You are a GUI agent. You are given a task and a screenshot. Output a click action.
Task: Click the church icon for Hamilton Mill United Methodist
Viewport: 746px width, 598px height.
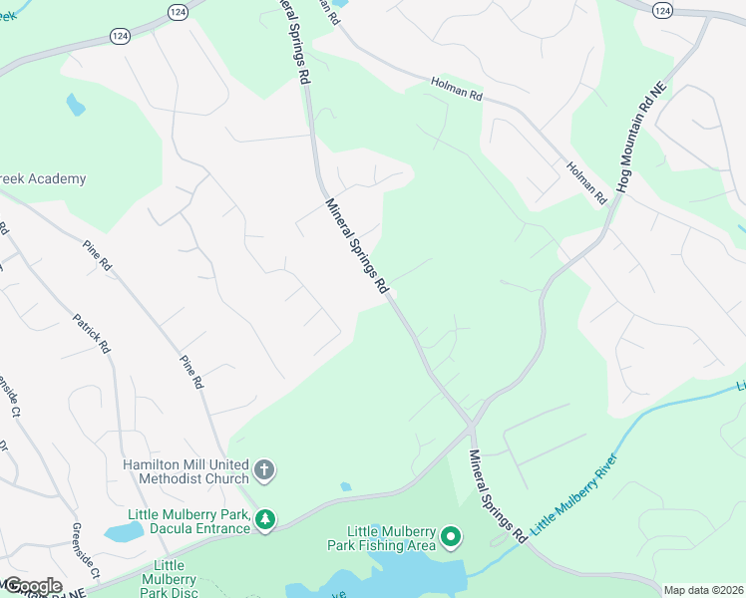[264, 469]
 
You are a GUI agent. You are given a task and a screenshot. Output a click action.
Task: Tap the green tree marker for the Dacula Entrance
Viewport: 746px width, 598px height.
[265, 519]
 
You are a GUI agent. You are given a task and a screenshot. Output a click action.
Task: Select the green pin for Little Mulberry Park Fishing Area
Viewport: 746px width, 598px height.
[451, 539]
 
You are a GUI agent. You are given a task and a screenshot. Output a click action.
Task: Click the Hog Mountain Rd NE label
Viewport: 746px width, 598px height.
[638, 138]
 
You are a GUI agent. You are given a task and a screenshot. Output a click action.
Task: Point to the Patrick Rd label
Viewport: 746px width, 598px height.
[91, 334]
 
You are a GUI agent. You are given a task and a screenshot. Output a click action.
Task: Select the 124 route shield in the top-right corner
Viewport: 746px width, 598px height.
[662, 8]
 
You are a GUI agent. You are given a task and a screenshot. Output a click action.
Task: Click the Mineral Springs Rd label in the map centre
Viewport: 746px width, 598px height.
[356, 245]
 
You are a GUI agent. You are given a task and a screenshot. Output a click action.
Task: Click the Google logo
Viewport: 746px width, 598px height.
[32, 586]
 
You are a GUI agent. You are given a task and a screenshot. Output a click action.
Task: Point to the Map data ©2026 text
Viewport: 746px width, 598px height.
[703, 590]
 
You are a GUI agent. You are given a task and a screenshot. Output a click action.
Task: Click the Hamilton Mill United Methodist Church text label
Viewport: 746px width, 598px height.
[185, 471]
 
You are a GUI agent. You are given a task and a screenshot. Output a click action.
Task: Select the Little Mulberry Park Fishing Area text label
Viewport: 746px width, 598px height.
[390, 538]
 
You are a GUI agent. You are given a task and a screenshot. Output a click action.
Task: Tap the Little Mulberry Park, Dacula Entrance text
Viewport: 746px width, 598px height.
[188, 521]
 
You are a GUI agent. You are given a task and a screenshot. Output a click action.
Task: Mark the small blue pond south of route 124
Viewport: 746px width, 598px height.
[76, 104]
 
